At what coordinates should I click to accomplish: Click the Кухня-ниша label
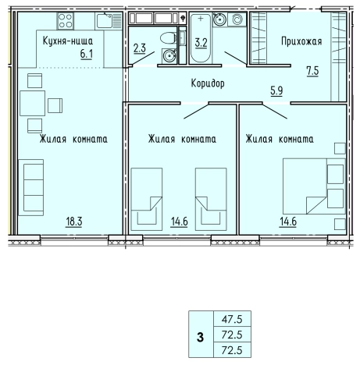(68, 41)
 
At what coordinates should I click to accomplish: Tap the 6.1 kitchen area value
(87, 54)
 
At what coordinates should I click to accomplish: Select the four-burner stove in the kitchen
(66, 21)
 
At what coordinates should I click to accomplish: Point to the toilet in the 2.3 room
(168, 38)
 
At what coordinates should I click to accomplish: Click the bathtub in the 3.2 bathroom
(201, 38)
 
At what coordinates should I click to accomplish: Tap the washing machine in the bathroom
(237, 19)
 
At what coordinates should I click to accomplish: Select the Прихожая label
(301, 41)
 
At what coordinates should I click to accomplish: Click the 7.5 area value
(312, 71)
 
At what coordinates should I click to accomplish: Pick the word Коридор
(208, 83)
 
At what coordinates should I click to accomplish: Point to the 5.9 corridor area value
(276, 90)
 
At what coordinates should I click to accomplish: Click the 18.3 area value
(74, 221)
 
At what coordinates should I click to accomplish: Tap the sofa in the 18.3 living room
(31, 187)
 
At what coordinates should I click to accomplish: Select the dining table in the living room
(33, 103)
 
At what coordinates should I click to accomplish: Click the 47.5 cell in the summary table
(232, 319)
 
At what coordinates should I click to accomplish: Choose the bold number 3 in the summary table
(200, 338)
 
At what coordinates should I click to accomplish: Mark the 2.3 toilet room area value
(140, 48)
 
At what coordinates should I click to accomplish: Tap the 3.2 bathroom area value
(201, 43)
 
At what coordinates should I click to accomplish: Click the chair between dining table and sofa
(34, 126)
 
